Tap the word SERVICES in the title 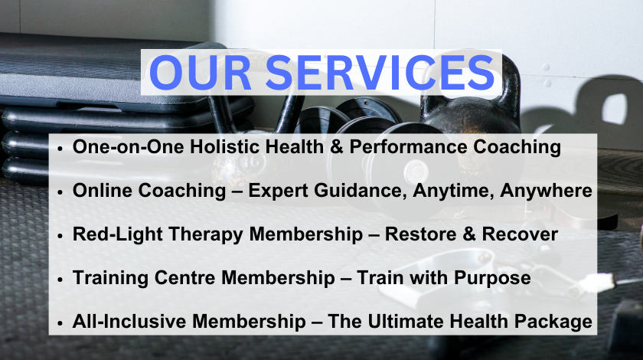point(380,73)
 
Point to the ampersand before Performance point(336,147)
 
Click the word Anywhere point(546,191)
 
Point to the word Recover point(520,234)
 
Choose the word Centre point(185,278)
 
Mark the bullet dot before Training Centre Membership point(60,279)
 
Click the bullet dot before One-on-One point(60,148)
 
